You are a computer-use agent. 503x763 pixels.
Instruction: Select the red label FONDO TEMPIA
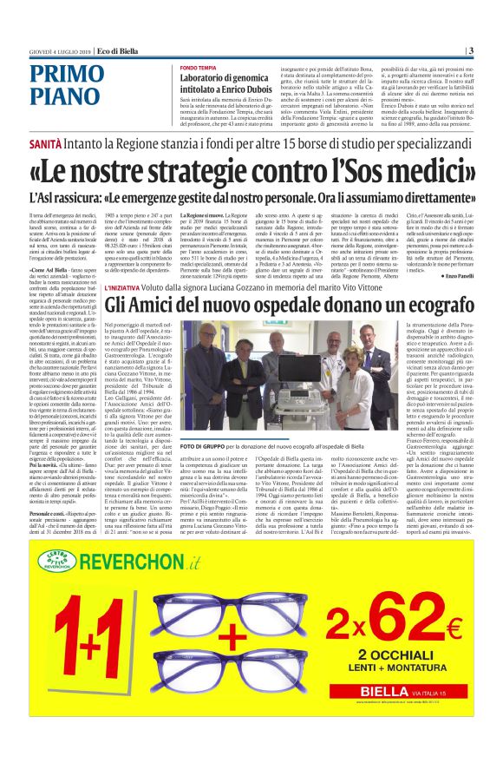(x=200, y=67)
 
